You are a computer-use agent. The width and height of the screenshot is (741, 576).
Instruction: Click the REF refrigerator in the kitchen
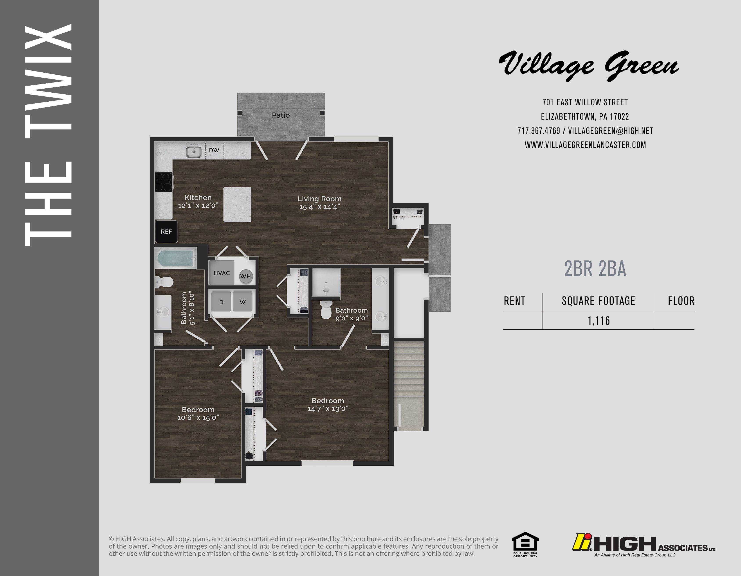click(166, 231)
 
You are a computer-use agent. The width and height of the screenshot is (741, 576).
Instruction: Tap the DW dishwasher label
click(214, 150)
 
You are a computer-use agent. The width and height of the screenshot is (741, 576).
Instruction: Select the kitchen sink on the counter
click(194, 151)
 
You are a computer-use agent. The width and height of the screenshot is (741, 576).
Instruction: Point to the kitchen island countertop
click(237, 205)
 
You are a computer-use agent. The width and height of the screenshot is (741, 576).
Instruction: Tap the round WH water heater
click(245, 276)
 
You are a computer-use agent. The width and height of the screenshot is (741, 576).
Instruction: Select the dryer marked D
click(221, 302)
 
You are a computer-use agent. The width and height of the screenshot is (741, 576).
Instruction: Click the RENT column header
click(514, 301)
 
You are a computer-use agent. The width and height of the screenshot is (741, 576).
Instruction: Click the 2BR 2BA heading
click(595, 269)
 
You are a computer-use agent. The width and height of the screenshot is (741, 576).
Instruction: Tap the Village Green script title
click(589, 65)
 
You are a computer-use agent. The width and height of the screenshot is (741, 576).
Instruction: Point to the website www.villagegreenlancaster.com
click(585, 145)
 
